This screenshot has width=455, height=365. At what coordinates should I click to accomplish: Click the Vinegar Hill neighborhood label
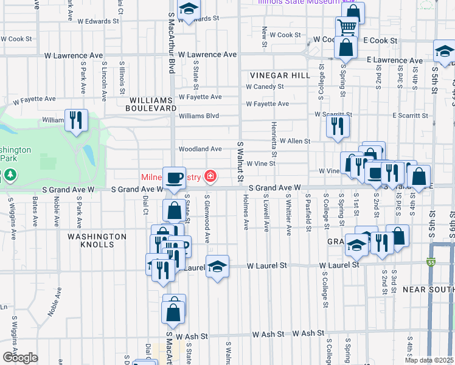tap(280, 75)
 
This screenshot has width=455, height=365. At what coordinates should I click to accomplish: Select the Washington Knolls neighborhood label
tap(97, 240)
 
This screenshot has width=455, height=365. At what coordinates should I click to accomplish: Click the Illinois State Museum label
tap(298, 2)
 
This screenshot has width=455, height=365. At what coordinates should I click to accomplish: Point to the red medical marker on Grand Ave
tap(210, 177)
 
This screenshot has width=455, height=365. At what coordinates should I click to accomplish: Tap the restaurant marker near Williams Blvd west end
tap(76, 119)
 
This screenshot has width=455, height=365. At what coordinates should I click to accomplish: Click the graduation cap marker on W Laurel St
tap(217, 266)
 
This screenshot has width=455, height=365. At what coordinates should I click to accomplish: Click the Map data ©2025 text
tap(429, 360)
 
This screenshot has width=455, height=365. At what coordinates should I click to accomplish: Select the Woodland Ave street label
tap(200, 149)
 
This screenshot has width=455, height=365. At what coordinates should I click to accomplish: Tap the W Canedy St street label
tap(265, 87)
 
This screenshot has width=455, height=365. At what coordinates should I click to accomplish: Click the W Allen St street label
tap(294, 141)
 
